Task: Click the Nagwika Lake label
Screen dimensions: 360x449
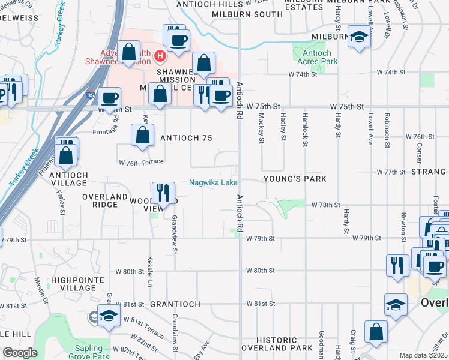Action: [214, 182]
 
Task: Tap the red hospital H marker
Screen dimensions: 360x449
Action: [160, 56]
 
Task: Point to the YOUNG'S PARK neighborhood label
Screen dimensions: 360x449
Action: [294, 179]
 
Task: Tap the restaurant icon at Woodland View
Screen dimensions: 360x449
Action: [163, 193]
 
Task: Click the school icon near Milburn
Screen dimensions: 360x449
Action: [359, 37]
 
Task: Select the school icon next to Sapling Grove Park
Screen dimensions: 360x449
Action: [109, 316]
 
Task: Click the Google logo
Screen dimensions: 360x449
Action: [20, 353]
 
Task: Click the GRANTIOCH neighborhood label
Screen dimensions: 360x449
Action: [175, 304]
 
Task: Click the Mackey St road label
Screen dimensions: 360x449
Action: [262, 129]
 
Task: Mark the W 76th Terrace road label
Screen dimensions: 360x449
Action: [142, 163]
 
